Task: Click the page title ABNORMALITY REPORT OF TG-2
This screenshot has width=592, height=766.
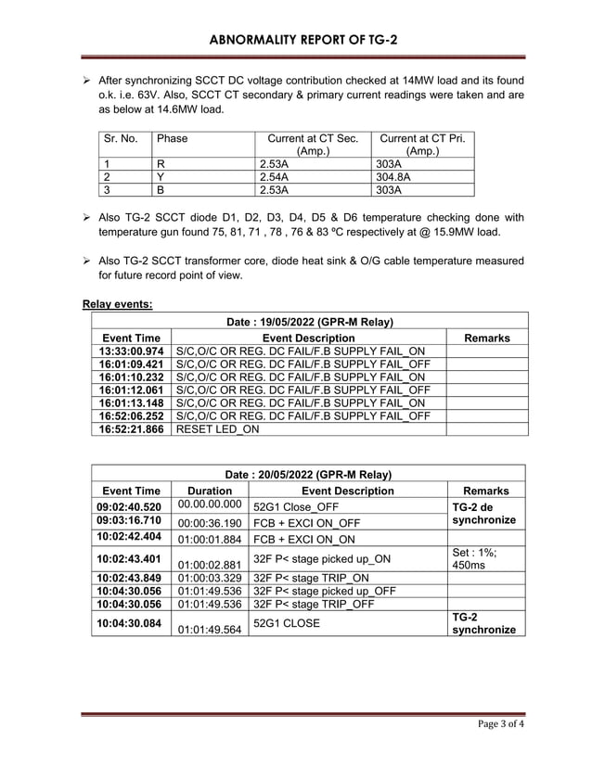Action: [296, 40]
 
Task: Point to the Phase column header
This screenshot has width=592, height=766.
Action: [173, 139]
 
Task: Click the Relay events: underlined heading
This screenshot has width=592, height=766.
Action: [118, 303]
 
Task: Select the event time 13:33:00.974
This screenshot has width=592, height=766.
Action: [131, 351]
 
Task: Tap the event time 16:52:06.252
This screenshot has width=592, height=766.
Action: [131, 416]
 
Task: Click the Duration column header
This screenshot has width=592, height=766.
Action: [210, 491]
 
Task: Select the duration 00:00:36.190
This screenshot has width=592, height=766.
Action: [210, 523]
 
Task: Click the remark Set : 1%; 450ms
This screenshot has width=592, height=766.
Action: [480, 558]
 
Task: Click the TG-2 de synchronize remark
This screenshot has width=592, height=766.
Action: [483, 514]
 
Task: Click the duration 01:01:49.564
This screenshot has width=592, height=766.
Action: [210, 629]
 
